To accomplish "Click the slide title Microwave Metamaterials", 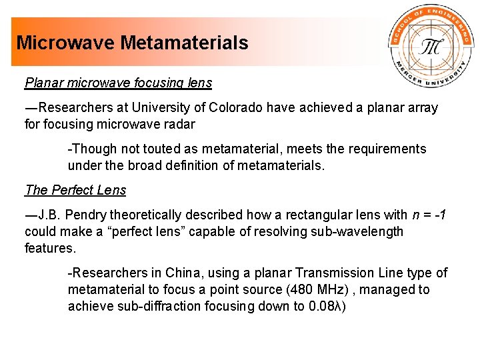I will coord(132,43).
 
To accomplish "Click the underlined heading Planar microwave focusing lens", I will coord(118,83).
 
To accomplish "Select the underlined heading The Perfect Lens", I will coord(75,190).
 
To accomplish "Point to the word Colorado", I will coord(236,107).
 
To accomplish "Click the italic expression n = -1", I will coord(425,215).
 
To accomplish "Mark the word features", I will coord(51,248).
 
